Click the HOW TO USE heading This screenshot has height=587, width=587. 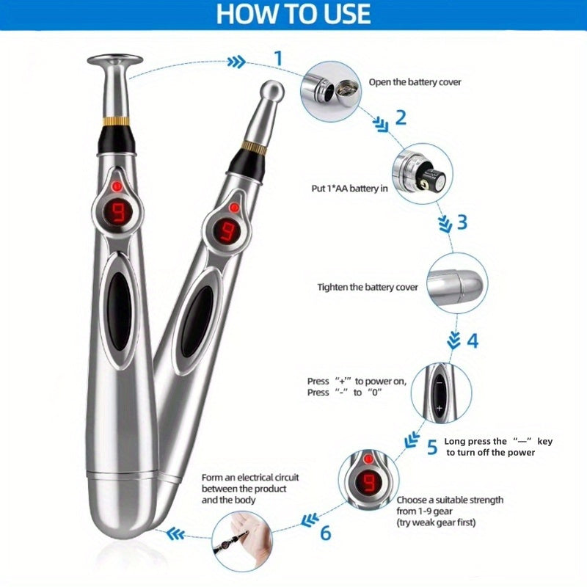click(x=293, y=14)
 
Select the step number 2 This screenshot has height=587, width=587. click(x=400, y=117)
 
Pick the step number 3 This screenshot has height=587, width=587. click(x=462, y=222)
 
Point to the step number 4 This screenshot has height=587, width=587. click(x=473, y=340)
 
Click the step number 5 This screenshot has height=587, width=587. click(x=432, y=445)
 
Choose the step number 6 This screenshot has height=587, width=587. click(x=326, y=532)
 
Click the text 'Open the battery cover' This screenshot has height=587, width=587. click(x=415, y=82)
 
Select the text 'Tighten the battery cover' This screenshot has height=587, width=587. click(x=368, y=288)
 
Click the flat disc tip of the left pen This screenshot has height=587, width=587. click(x=115, y=60)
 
